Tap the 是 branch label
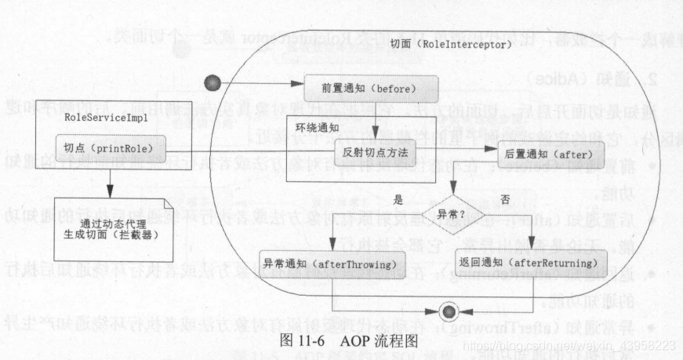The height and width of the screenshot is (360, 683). pos(408,201)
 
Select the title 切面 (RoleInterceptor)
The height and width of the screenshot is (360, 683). pos(451,45)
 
